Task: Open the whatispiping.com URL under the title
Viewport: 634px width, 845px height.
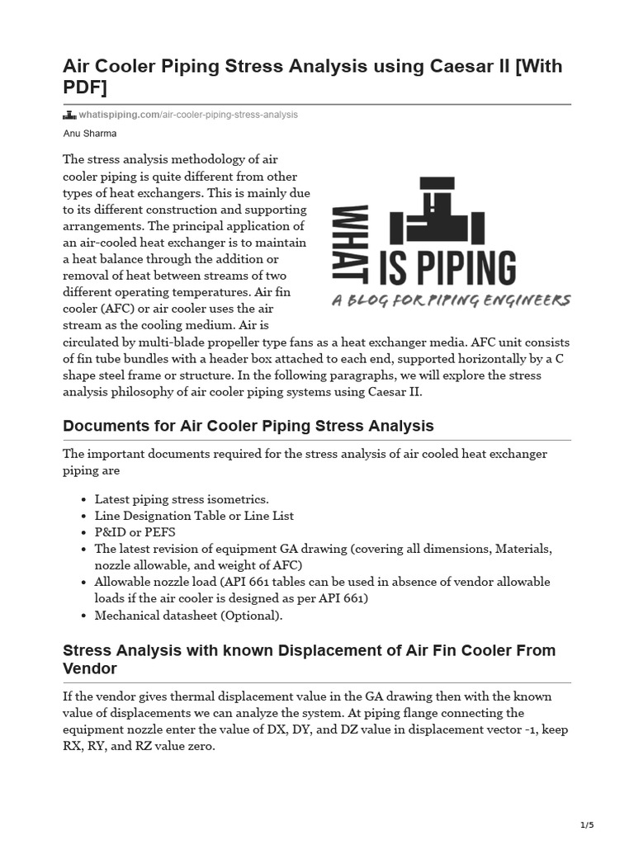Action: (x=188, y=115)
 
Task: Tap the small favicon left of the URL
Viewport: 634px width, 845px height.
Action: (x=69, y=115)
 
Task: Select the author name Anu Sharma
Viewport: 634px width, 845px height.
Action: (x=90, y=133)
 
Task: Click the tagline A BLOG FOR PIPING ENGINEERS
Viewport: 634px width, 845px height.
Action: (x=451, y=300)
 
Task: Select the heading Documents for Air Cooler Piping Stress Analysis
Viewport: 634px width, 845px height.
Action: (x=248, y=426)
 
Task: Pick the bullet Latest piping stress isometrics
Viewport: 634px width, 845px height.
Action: (x=182, y=499)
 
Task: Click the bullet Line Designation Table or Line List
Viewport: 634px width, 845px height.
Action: (x=194, y=516)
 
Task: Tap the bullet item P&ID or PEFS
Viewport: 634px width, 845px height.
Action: (x=135, y=532)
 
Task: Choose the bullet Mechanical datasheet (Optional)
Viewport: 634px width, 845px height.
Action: (x=188, y=615)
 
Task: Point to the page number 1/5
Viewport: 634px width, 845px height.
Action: (x=587, y=825)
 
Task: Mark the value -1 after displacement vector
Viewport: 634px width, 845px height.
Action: (x=528, y=729)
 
